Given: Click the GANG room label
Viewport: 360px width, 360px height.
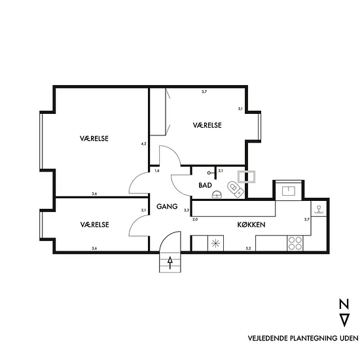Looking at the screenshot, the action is (167, 206).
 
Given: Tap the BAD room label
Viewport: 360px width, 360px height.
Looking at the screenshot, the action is (205, 185).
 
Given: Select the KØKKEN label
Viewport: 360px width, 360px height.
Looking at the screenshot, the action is (251, 225).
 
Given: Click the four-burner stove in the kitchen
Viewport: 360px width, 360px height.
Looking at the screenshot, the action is (295, 243).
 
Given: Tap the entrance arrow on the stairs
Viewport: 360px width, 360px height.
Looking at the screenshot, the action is (170, 262).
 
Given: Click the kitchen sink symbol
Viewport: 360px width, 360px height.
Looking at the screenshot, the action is (289, 191).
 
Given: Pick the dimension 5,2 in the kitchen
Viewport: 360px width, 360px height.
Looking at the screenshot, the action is (248, 248).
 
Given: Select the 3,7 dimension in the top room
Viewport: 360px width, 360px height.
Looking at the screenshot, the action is (204, 92).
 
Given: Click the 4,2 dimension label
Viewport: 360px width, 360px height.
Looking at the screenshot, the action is (143, 144).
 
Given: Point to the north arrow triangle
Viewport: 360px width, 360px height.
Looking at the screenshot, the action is (344, 320).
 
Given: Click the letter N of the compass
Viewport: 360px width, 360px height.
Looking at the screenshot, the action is (344, 304).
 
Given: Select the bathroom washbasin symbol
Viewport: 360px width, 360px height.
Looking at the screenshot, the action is (217, 194).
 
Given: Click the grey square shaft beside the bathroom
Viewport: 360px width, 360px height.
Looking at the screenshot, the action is (246, 177).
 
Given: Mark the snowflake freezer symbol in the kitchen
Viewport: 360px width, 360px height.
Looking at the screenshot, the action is (215, 243).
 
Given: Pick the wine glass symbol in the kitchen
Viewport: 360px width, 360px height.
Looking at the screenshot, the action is (319, 209).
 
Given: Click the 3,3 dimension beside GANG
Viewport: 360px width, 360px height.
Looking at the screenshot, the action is (186, 210).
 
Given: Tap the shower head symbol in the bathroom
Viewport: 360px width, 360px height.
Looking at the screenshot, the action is (211, 173).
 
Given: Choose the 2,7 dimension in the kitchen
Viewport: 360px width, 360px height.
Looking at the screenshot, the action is (307, 219).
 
